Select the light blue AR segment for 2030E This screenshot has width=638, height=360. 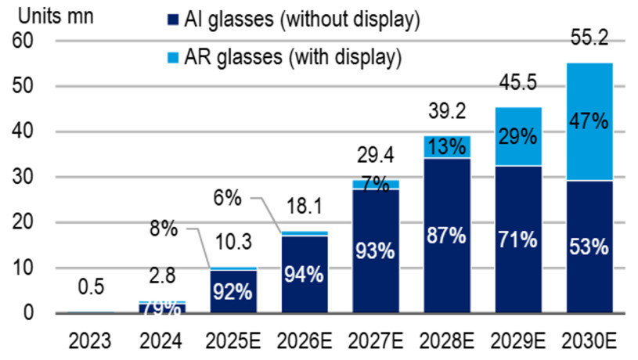tap(589, 121)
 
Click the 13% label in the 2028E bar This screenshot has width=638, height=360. tap(447, 146)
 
